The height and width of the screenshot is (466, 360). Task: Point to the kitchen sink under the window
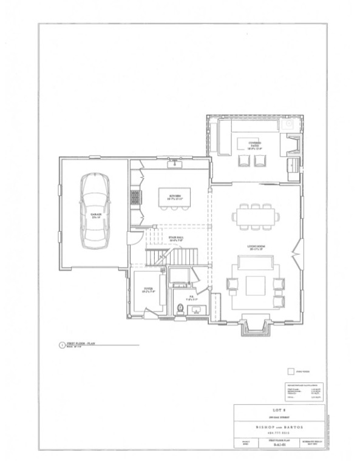point(177,164)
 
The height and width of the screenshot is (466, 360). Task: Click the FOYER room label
point(148,289)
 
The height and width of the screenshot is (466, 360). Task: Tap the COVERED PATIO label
point(254,144)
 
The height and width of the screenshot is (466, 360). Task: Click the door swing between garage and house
point(135,238)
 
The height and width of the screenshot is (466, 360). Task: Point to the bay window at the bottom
point(254,326)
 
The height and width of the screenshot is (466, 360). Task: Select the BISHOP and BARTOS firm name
point(279,427)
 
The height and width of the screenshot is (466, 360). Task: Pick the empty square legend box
point(291,371)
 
